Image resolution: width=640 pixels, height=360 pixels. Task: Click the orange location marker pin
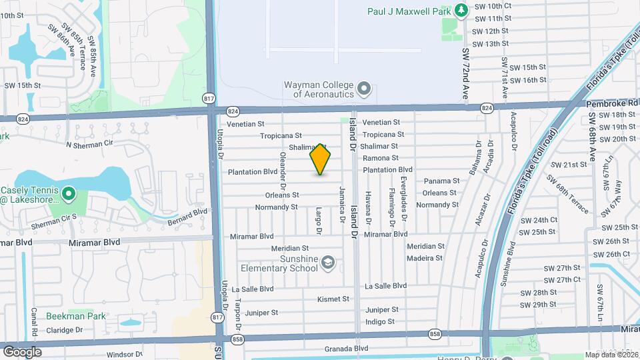click(x=321, y=159)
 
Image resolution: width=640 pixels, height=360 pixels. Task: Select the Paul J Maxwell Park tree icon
click(x=461, y=11)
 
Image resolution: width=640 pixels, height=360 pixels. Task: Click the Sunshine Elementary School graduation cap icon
click(x=327, y=263)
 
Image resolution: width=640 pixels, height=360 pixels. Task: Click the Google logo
click(x=23, y=351)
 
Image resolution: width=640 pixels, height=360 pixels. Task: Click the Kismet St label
click(x=333, y=299)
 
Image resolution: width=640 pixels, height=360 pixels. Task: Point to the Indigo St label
click(x=380, y=321)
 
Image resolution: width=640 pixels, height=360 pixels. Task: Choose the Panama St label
click(x=441, y=181)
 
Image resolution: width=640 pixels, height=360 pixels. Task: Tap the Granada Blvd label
click(x=346, y=348)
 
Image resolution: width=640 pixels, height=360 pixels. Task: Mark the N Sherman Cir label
click(x=90, y=143)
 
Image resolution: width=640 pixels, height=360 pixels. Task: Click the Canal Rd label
click(x=33, y=322)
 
